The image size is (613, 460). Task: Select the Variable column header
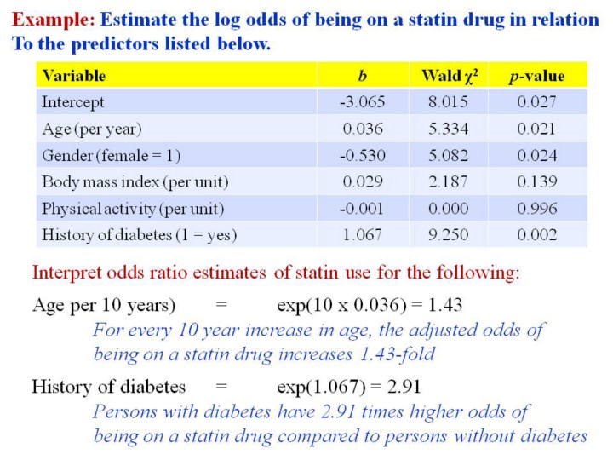[x=74, y=76]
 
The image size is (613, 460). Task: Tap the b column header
[x=363, y=76]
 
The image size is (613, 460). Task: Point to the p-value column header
[x=536, y=76]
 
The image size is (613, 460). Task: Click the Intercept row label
[x=73, y=102]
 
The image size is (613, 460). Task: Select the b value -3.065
[x=363, y=102]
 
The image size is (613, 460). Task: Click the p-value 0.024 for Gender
[x=536, y=155]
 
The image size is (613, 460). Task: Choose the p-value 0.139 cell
[x=536, y=181]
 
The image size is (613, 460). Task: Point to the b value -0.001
[x=363, y=208]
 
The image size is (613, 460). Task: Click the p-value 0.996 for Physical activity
[x=536, y=208]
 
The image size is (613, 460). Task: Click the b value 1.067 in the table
[x=363, y=234]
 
